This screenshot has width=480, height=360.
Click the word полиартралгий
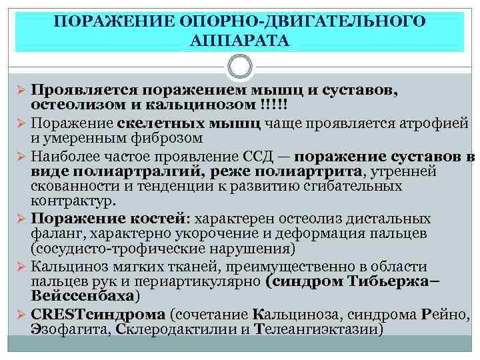click(x=98, y=172)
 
